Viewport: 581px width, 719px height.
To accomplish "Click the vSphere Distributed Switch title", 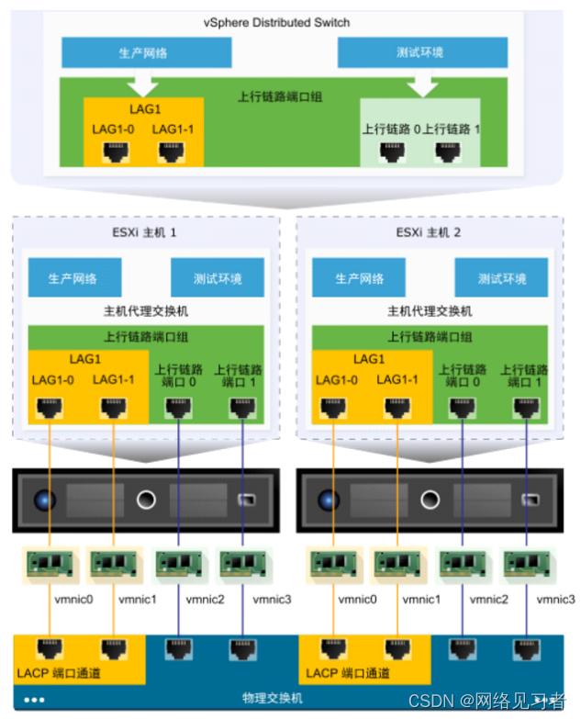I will coord(289,22).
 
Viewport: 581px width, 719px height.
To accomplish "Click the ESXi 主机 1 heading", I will coord(145,232).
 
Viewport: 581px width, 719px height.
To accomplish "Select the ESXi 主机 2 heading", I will coord(430,232).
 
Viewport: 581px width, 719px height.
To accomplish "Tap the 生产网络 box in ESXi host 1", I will coord(73,278).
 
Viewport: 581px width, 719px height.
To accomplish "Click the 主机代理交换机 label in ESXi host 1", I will coord(145,311).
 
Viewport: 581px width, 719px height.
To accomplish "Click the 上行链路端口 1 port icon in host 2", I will coord(524,405).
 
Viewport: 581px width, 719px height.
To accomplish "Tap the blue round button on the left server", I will coord(45,500).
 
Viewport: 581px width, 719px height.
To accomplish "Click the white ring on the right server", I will coord(429,500).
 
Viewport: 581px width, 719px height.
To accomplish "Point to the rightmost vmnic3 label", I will coord(556,600).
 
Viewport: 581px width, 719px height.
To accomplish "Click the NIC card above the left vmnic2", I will coord(175,564).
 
